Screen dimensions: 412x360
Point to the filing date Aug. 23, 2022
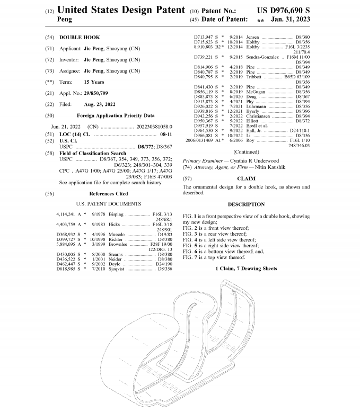tap(100, 104)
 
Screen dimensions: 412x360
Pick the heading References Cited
tap(108, 193)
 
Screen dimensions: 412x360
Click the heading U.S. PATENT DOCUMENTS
tap(109, 204)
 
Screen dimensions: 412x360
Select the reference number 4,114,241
tap(66, 214)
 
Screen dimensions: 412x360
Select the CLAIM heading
tap(246, 178)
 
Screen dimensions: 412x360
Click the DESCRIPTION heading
tap(246, 204)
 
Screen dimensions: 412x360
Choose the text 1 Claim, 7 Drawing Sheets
tap(246, 269)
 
